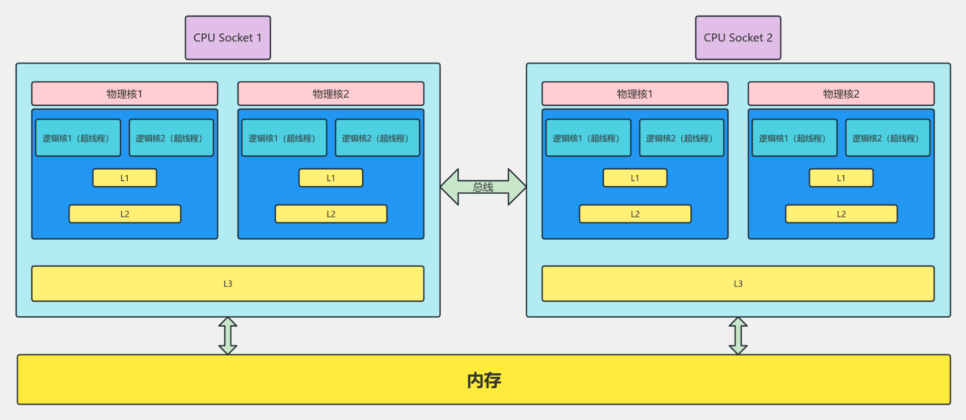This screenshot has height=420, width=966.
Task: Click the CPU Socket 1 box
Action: pos(227,38)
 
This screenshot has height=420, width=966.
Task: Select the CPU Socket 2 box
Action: pos(738,38)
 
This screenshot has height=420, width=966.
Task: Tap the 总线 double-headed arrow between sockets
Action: pos(483,187)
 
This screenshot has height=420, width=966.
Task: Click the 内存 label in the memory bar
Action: pos(484,380)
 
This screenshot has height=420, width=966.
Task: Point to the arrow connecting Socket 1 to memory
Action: pos(228,336)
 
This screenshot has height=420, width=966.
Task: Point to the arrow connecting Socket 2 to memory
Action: pos(738,336)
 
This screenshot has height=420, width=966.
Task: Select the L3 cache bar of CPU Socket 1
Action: pos(227,284)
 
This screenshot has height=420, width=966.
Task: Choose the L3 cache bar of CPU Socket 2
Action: pos(738,284)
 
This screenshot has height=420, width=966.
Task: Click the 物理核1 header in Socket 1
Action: pos(124,94)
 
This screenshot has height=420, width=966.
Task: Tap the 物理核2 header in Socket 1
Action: pos(331,94)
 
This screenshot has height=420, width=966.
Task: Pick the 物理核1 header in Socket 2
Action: pos(634,94)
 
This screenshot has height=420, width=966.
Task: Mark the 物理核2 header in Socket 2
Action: pos(841,94)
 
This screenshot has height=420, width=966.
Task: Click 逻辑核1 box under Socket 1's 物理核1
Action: pos(78,138)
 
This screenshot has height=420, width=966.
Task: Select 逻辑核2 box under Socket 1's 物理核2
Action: pos(377,138)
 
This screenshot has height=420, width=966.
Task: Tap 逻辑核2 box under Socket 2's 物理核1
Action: pos(681,138)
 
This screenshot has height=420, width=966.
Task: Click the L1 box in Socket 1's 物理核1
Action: pos(124,178)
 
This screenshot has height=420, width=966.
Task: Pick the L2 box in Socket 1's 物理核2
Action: pos(331,214)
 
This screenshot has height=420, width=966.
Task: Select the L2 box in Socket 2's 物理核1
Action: pos(635,214)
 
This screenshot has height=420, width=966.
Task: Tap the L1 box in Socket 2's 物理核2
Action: pos(841,178)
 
